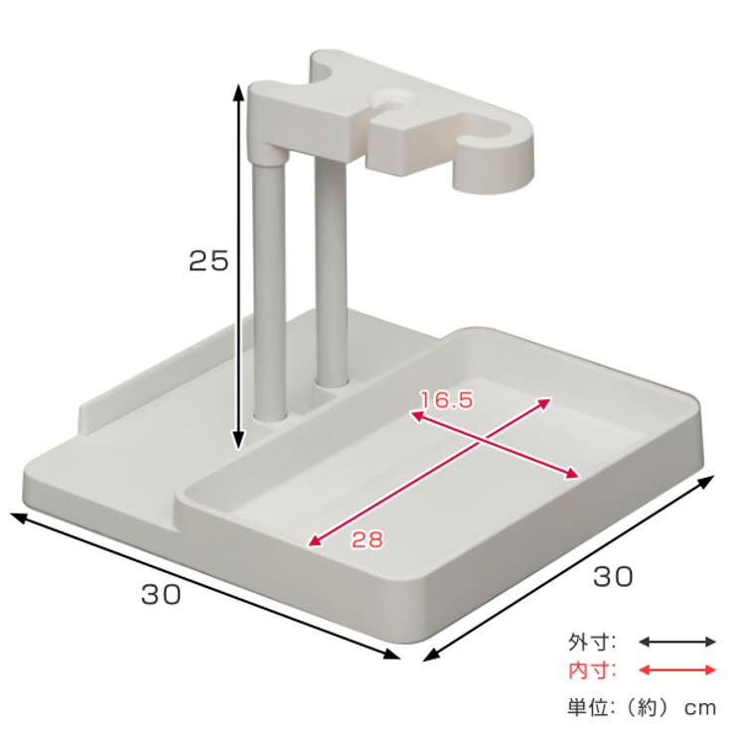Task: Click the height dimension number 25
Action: pos(210,261)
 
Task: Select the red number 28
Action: pos(367,540)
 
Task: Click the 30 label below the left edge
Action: pos(161,596)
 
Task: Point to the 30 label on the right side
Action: pos(613,576)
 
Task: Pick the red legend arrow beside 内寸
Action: pos(676,670)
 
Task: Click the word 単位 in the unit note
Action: pos(586,707)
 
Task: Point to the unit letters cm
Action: pos(699,707)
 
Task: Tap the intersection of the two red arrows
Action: pos(484,440)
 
